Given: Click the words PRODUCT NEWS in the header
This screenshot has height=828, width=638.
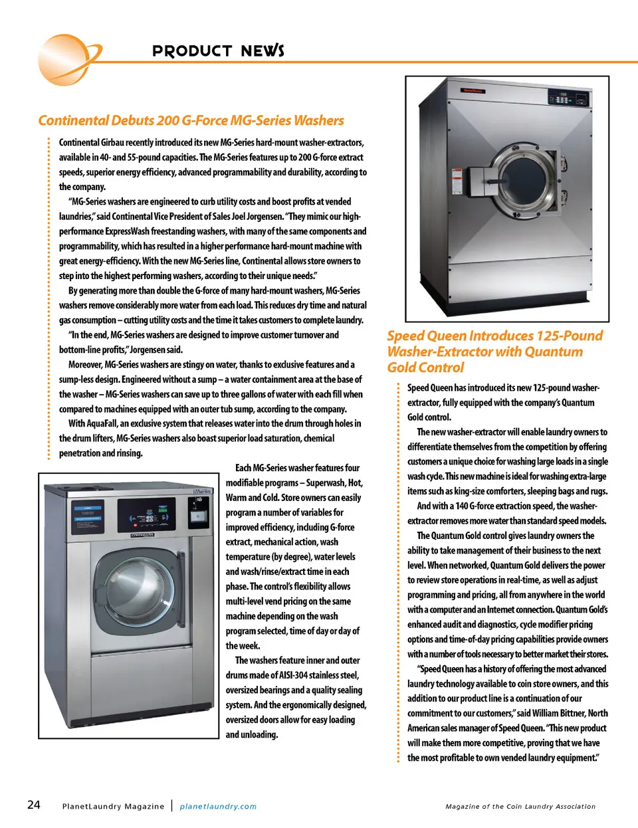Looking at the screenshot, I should [218, 51].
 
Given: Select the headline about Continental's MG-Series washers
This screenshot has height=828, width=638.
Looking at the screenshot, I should [191, 120].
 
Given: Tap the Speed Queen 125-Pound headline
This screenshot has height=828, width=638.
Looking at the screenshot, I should [494, 351].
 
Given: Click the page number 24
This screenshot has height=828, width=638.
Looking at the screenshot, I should [33, 805].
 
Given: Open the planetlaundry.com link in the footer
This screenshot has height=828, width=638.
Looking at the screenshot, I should [218, 806].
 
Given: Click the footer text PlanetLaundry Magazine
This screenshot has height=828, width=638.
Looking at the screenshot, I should [113, 806].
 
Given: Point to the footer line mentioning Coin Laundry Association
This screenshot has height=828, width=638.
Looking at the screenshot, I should [520, 806].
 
